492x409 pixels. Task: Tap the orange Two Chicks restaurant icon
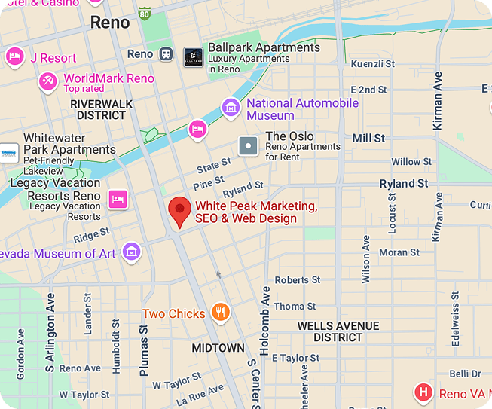point(220,313)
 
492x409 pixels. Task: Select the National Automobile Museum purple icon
point(231,109)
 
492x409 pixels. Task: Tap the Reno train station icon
point(167,54)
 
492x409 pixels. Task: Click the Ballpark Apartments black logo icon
point(193,56)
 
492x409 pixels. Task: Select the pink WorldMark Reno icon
point(48,81)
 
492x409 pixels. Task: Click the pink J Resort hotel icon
point(14,57)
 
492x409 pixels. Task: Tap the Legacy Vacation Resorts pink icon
point(117,199)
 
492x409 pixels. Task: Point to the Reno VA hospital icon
point(424,392)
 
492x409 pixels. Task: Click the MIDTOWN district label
point(218,348)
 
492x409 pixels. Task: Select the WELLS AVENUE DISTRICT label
point(338,331)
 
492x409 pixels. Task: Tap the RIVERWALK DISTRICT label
point(101,109)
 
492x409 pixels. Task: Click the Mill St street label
point(368,139)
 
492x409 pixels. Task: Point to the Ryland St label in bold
point(403,183)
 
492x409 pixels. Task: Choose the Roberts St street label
point(292,280)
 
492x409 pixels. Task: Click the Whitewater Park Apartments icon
point(8,154)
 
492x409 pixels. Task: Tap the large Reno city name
point(109,23)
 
